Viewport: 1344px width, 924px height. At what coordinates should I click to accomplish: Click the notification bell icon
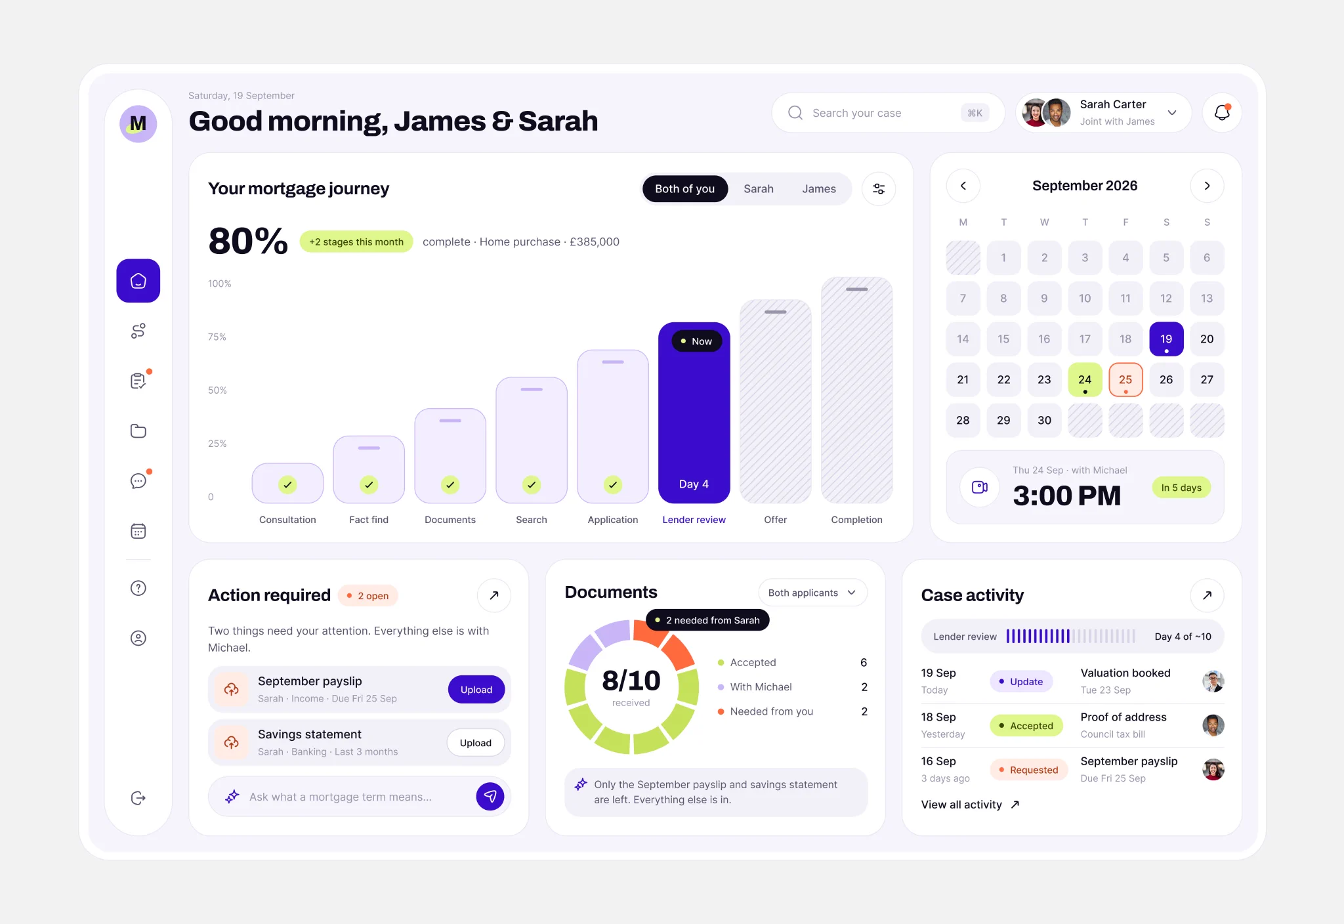1222,113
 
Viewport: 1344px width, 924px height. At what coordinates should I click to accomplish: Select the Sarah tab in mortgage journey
758,189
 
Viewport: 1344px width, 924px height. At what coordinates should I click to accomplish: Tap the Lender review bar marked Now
694,413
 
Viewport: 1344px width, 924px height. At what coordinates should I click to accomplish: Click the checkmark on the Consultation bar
287,485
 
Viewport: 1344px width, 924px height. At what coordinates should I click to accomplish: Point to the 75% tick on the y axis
217,337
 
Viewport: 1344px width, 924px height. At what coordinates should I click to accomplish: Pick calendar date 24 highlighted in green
1085,380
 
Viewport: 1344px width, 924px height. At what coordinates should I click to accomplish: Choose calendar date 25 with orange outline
1125,380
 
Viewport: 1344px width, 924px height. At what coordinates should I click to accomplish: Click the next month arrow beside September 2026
1207,186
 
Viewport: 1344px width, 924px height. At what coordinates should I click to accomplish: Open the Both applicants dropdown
812,593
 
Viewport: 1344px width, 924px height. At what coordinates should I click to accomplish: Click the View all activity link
970,805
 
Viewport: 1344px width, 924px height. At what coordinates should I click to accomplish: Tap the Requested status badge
1027,770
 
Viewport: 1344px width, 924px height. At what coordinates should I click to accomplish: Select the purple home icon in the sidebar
138,281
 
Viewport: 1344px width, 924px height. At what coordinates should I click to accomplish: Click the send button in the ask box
490,797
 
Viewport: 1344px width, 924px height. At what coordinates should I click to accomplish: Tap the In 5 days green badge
1181,488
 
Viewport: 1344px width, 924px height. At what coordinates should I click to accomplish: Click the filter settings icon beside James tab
879,189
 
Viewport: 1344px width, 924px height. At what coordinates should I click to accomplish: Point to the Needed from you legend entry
765,711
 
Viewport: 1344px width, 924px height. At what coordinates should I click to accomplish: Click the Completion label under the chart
856,520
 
